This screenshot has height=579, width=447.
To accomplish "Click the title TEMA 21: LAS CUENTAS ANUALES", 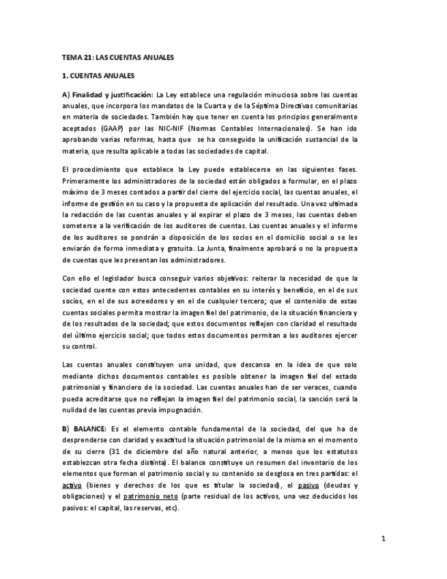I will (117, 57).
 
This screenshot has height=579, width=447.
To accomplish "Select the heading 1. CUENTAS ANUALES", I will (98, 75).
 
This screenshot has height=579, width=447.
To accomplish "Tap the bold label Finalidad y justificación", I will (113, 94).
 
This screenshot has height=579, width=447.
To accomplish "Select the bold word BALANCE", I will (89, 429).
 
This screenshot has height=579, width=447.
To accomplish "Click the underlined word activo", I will (72, 485).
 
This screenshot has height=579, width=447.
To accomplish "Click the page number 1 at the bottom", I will (384, 539).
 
